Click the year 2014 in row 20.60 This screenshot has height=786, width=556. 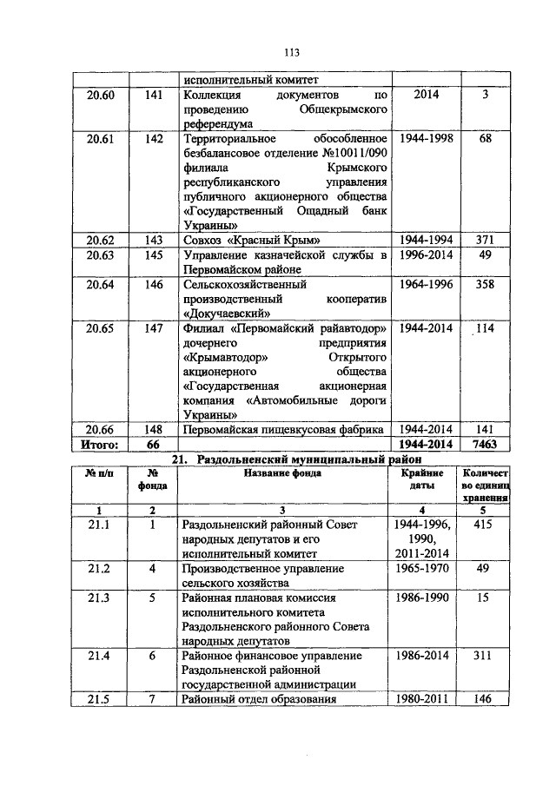[427, 94]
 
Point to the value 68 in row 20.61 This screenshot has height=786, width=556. [486, 139]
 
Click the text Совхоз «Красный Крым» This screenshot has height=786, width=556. [246, 240]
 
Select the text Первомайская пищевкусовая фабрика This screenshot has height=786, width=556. [282, 429]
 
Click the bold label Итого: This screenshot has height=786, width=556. [99, 444]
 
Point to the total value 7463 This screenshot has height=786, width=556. [486, 444]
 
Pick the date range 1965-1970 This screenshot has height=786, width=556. [427, 568]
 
